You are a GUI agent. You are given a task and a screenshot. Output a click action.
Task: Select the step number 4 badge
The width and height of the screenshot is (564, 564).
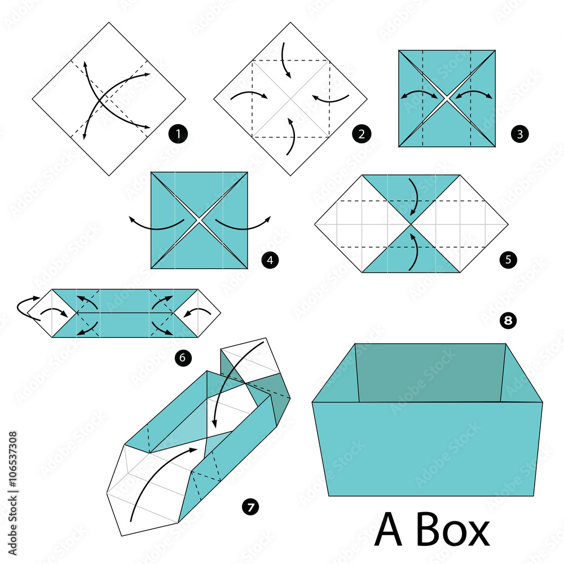pos(270,260)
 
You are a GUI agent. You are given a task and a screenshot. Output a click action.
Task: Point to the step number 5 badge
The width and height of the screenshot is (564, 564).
pos(507,260)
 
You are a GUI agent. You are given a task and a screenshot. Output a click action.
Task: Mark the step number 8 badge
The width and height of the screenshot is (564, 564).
pos(508,321)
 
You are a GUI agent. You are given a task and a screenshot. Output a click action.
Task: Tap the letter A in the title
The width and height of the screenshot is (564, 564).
pos(389,530)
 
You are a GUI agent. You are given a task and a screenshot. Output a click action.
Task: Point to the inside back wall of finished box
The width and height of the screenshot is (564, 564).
pos(430,372)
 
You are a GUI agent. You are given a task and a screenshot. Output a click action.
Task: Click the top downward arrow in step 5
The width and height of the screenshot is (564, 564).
pos(415,197)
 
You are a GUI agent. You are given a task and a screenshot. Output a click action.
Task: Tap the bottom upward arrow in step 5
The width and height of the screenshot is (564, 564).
pos(415,251)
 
